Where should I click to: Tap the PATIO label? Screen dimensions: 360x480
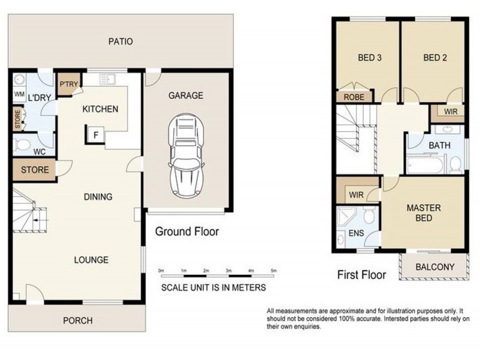[x=120, y=41]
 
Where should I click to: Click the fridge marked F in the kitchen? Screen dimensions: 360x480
[x=95, y=134]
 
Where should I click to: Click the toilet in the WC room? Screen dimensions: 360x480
[x=23, y=145]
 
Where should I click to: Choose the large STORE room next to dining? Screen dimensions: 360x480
[x=35, y=170]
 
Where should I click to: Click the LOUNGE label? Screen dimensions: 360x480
[x=91, y=260]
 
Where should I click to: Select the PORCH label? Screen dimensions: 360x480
[x=78, y=321]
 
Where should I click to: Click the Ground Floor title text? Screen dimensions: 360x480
[x=187, y=231]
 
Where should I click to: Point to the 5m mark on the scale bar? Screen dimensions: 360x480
[x=274, y=272]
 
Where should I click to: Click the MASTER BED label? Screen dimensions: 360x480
[x=424, y=213]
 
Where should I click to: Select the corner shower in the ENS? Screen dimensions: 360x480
[x=346, y=216]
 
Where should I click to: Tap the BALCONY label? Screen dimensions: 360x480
[x=432, y=267]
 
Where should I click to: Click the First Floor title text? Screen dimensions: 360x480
[x=361, y=275]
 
